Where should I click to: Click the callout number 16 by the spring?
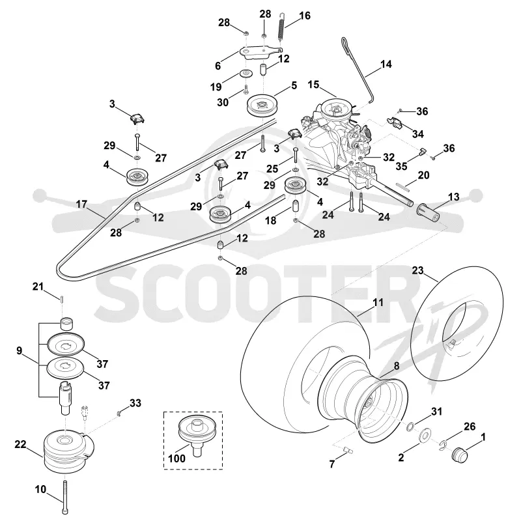point(305,16)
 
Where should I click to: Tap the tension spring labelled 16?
point(281,27)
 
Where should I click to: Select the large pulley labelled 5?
point(262,106)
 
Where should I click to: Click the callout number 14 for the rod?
point(386,64)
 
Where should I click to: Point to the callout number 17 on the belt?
point(81,204)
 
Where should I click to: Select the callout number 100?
point(176,458)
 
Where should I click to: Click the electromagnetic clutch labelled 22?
point(68,451)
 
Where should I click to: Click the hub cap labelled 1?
point(460,454)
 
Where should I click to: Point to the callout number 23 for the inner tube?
point(417,270)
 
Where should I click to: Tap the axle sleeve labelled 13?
point(429,213)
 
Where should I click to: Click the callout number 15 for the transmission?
point(313,85)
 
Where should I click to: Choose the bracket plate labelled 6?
point(260,53)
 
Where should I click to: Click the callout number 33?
point(135,403)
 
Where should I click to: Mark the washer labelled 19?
point(246,73)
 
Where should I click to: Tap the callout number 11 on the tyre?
point(378,302)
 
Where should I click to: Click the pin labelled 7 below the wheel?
point(348,450)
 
